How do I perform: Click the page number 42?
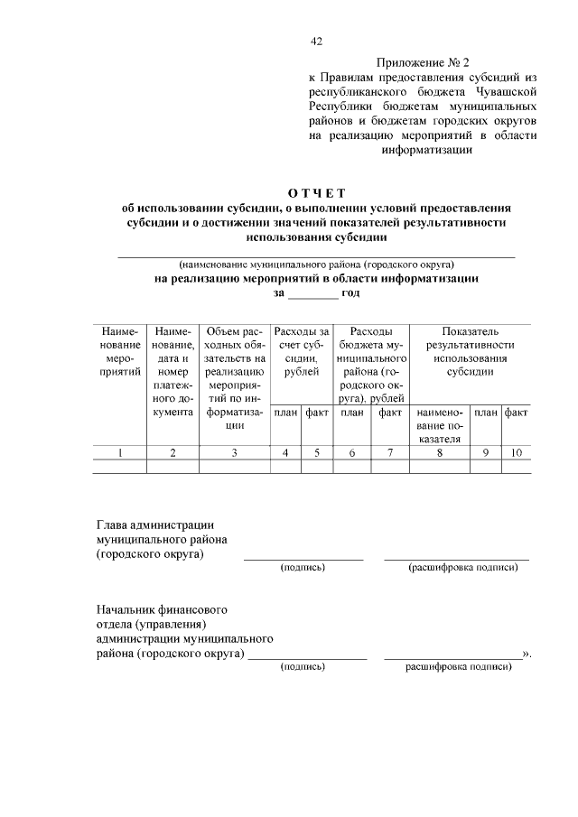coord(316,41)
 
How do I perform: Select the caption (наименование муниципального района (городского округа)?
coord(316,265)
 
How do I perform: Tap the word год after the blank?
coord(350,293)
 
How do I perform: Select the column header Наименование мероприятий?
coord(120,351)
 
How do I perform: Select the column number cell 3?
coord(233,453)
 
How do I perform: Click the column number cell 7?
coord(390,453)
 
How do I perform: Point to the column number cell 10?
coord(517,453)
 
